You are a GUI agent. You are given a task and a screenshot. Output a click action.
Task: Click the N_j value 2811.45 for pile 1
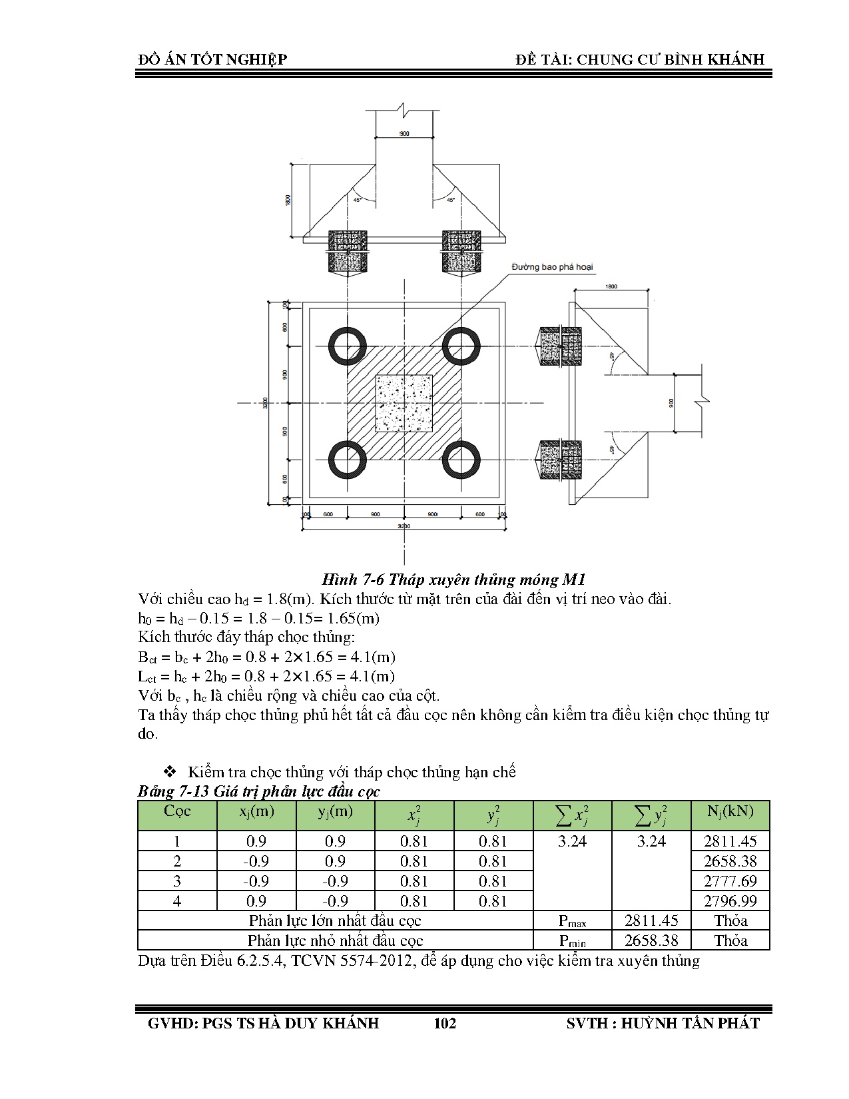(730, 841)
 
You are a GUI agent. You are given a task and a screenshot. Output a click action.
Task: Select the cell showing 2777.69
(730, 881)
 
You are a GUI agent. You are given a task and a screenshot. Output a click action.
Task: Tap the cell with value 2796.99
(730, 901)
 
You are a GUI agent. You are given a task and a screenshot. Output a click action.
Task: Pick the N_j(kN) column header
(730, 812)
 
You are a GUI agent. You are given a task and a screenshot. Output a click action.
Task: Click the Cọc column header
(177, 812)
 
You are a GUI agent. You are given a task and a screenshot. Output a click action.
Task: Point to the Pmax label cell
(573, 921)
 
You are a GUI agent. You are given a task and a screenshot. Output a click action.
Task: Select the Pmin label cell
(573, 941)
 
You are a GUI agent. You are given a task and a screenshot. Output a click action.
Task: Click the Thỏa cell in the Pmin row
(730, 941)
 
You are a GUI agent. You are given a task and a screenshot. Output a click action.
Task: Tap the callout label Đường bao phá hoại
(552, 267)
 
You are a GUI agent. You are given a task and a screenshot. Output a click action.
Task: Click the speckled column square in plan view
(404, 403)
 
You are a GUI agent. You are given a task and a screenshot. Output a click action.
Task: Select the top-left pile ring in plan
(347, 346)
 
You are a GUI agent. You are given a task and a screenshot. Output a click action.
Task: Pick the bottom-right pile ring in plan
(461, 460)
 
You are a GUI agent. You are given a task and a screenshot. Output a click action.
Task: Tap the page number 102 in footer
(445, 1023)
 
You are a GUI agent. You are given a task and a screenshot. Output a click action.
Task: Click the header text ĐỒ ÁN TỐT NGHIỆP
(212, 59)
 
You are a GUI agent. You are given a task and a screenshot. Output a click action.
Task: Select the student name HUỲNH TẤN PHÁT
(690, 1023)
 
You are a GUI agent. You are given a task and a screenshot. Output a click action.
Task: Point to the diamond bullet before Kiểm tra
(169, 772)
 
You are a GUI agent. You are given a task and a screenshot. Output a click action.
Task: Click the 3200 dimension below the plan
(404, 527)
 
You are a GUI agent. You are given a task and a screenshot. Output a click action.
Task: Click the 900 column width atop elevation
(404, 134)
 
